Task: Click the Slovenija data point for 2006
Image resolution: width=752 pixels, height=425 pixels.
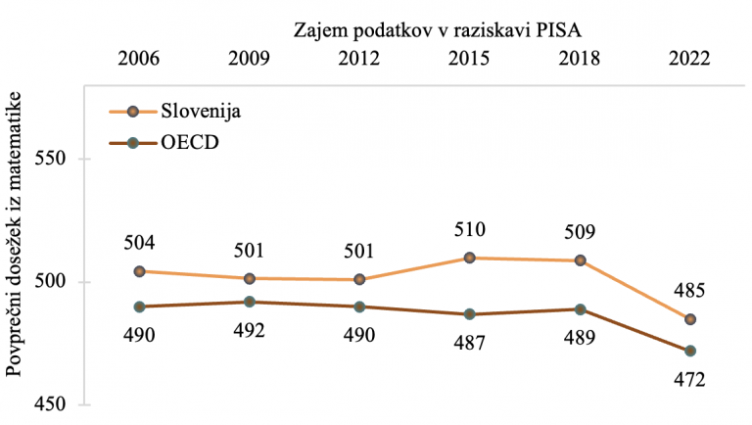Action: [x=139, y=271]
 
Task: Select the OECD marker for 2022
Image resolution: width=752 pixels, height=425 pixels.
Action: [x=690, y=351]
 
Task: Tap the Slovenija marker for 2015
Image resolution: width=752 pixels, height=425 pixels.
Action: [x=470, y=258]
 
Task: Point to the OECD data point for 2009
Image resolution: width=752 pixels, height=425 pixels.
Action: [x=250, y=302]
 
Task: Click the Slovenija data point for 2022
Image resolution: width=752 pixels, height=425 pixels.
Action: [x=690, y=319]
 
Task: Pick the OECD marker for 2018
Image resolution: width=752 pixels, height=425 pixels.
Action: [x=581, y=309]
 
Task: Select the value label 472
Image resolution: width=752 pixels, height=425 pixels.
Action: [x=689, y=380]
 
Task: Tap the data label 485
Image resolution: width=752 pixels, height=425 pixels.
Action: [x=689, y=291]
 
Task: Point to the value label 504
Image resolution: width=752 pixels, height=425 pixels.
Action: [x=139, y=242]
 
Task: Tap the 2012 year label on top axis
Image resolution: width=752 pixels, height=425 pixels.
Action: [x=359, y=58]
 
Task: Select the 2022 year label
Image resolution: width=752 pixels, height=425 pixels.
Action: [x=689, y=58]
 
